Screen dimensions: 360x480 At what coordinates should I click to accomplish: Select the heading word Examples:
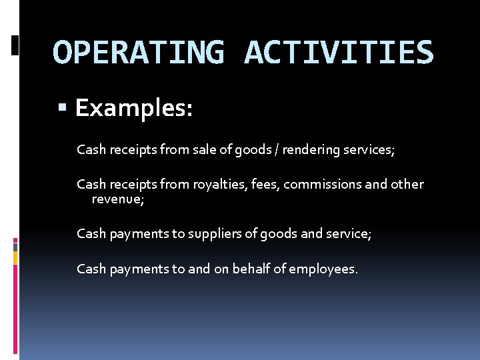coord(134,107)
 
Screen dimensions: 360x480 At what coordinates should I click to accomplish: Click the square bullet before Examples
coord(63,107)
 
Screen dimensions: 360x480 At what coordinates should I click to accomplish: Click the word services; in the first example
coord(369,150)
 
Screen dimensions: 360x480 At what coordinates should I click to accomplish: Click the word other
coord(406,184)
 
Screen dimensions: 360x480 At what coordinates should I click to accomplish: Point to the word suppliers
coord(212,233)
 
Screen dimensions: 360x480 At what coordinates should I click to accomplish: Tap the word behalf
coord(252,269)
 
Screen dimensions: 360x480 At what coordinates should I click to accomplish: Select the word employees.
coord(324,269)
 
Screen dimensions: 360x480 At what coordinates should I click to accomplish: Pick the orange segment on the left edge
coord(15,256)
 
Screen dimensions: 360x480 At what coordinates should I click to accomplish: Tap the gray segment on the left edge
coord(15,246)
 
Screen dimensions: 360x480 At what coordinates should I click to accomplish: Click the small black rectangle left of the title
coord(15,45)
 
